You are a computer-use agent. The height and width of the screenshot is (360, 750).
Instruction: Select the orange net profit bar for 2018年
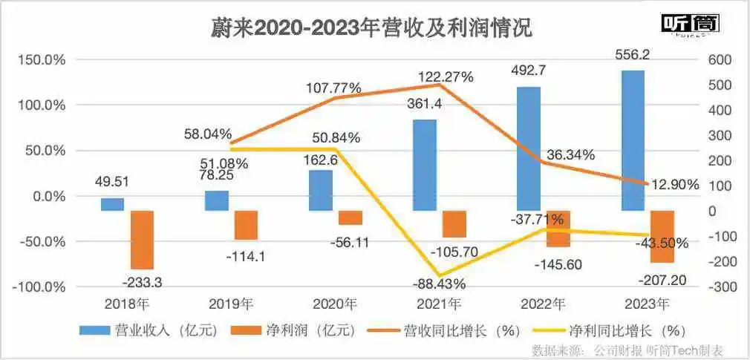click(x=142, y=239)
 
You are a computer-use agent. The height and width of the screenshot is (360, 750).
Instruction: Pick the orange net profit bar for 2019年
click(x=246, y=224)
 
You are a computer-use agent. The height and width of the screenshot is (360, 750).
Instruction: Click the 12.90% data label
click(x=674, y=185)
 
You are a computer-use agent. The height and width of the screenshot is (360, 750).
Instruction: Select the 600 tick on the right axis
click(x=720, y=59)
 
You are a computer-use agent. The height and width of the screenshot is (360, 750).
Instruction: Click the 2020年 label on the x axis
click(x=335, y=304)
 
